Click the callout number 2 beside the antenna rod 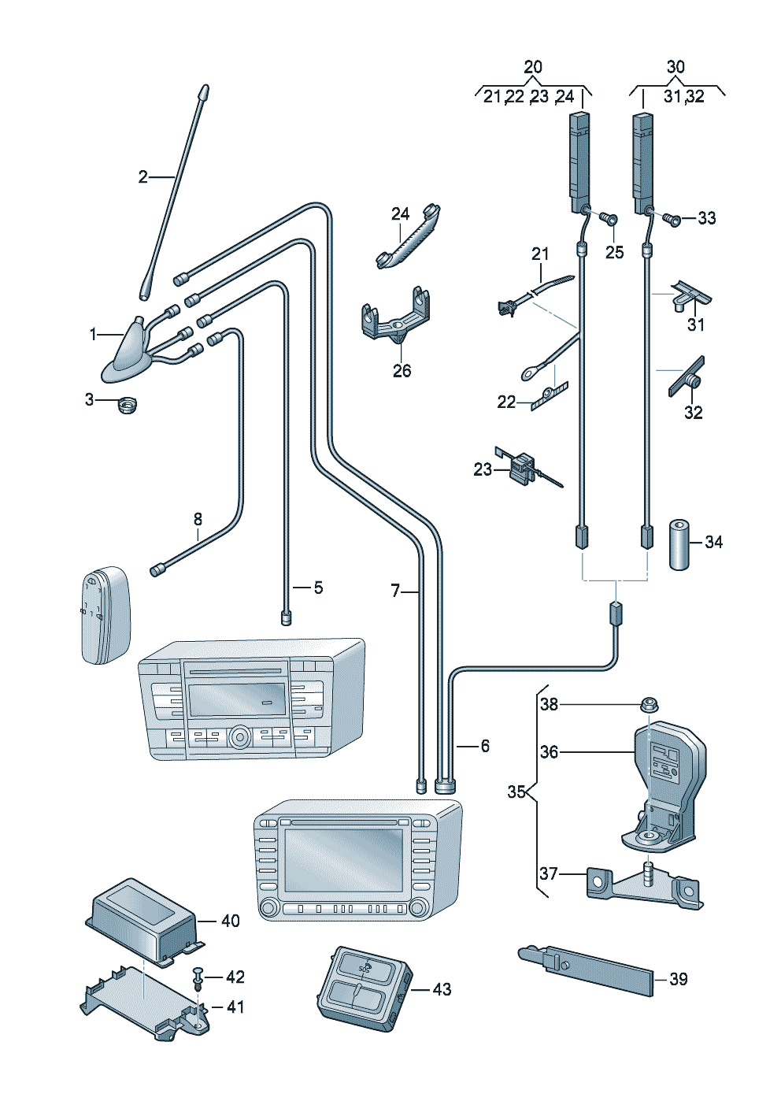point(143,176)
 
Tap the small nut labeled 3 point(128,406)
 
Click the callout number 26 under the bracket point(402,370)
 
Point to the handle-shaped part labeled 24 point(409,237)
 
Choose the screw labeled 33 point(670,217)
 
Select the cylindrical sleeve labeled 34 point(679,544)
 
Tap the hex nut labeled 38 point(650,706)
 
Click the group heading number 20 point(533,67)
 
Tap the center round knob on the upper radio point(239,738)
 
